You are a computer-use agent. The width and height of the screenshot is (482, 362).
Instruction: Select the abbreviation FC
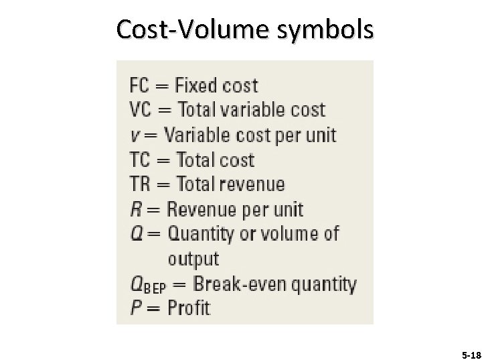click(x=140, y=86)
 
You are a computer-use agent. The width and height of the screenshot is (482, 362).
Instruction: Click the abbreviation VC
click(x=140, y=111)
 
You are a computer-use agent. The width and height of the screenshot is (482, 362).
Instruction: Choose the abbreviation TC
click(x=140, y=161)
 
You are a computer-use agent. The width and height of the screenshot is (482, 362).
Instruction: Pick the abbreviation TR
click(x=140, y=185)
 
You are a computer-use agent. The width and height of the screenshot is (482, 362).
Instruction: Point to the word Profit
click(x=188, y=308)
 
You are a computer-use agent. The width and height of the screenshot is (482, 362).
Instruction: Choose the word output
click(x=193, y=259)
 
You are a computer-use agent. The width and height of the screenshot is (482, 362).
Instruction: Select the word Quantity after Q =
click(x=200, y=235)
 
